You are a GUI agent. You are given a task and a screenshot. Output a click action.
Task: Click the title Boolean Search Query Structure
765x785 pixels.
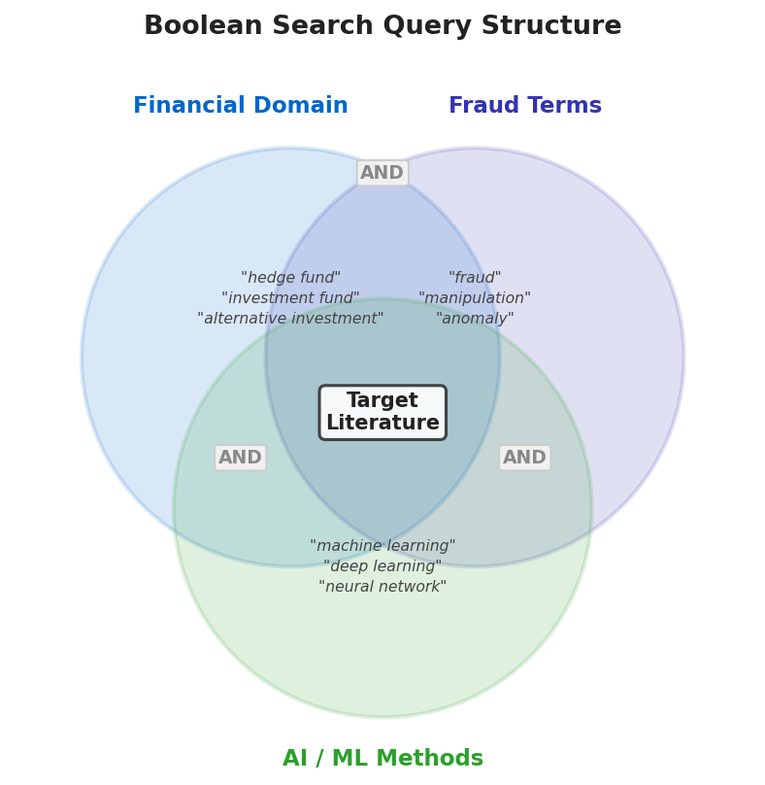(x=382, y=26)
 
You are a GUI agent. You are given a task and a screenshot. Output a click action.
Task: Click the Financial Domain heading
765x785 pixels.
(x=240, y=106)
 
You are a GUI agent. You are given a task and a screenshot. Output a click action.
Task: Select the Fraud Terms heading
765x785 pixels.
(x=524, y=106)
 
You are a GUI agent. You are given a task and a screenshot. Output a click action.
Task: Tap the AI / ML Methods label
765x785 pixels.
(x=382, y=759)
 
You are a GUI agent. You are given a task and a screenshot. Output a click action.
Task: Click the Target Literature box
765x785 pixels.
(x=382, y=412)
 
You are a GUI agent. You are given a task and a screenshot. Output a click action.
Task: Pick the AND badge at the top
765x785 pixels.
(x=382, y=173)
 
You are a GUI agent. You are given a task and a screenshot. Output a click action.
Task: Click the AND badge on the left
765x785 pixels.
(x=240, y=458)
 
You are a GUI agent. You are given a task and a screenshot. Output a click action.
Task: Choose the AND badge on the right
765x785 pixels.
(x=524, y=458)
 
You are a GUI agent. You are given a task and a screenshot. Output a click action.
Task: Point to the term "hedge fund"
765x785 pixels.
(x=290, y=278)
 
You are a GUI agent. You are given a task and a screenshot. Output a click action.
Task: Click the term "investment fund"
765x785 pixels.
(x=290, y=298)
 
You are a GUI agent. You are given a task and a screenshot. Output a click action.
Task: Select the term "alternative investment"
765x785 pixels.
(x=290, y=319)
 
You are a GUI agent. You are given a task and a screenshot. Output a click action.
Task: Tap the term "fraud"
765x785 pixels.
(x=475, y=278)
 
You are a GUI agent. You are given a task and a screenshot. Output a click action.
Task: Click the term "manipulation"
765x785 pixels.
(x=475, y=298)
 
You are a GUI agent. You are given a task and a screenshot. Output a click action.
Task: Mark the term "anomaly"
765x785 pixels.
(x=475, y=319)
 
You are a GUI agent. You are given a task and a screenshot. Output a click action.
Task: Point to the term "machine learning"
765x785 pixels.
(x=382, y=546)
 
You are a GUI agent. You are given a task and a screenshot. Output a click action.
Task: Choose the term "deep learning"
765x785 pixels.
(x=382, y=566)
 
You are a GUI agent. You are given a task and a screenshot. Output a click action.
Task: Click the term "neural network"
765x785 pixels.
(x=382, y=587)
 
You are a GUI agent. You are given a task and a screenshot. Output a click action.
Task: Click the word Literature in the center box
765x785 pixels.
(x=382, y=424)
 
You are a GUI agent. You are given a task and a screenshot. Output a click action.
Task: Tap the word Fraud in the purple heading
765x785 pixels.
(x=481, y=106)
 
